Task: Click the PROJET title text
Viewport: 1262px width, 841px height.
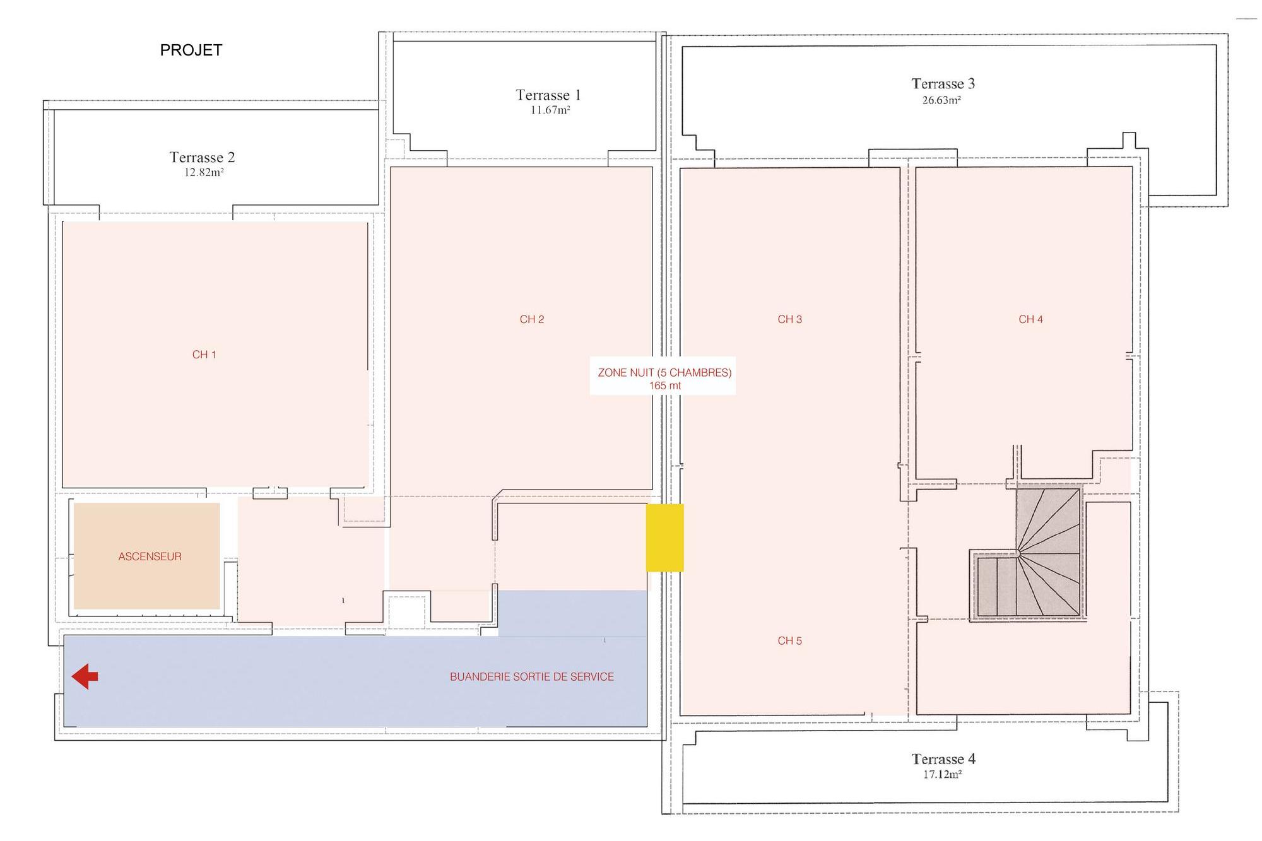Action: tap(191, 50)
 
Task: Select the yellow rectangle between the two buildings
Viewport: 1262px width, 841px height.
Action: tap(664, 538)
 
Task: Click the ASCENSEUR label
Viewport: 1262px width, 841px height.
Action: tap(150, 556)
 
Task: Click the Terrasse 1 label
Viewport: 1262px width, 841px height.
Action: tap(548, 95)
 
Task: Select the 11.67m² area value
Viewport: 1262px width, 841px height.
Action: tap(550, 110)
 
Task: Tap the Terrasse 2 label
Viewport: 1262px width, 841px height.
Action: tap(202, 157)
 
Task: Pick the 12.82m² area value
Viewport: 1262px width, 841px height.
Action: tap(204, 172)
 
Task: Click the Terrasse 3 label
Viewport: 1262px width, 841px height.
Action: tap(943, 84)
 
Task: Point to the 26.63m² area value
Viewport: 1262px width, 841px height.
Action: tap(941, 100)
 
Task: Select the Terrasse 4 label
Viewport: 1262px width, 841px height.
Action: tap(943, 759)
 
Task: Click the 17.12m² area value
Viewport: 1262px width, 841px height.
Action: tap(942, 774)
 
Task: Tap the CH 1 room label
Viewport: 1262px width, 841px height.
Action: tap(204, 355)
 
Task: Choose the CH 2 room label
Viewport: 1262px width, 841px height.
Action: tap(532, 319)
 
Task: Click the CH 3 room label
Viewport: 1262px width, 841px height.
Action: tap(790, 319)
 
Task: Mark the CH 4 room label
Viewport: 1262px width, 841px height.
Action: tap(1031, 319)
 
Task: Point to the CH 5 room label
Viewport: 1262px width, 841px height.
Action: tap(790, 641)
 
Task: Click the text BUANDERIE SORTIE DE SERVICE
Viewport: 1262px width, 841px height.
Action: tap(532, 677)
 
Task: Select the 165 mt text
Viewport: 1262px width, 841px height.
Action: tap(665, 385)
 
